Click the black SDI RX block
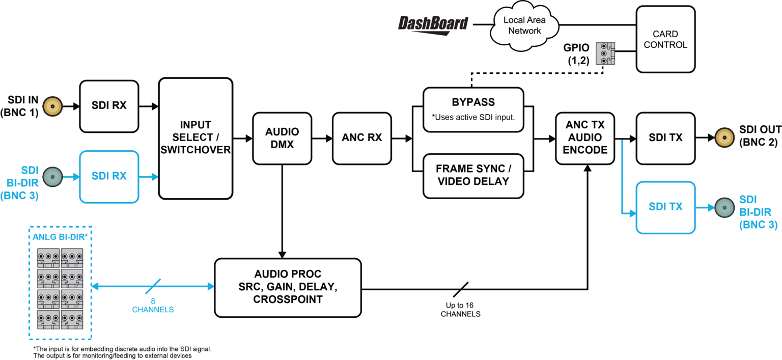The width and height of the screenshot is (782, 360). [109, 106]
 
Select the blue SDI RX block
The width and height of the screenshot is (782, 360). [109, 176]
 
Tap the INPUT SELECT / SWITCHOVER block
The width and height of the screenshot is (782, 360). [195, 138]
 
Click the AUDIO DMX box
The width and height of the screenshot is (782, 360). [282, 138]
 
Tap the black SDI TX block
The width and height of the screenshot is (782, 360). [665, 137]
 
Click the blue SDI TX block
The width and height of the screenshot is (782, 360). [665, 207]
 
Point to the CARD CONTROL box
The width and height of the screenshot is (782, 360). [665, 39]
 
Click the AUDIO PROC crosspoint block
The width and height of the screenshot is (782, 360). [288, 287]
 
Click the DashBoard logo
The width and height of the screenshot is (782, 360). [433, 24]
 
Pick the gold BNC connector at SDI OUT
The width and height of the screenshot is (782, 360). [724, 137]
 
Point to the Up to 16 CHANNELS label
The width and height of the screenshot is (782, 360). [460, 310]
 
